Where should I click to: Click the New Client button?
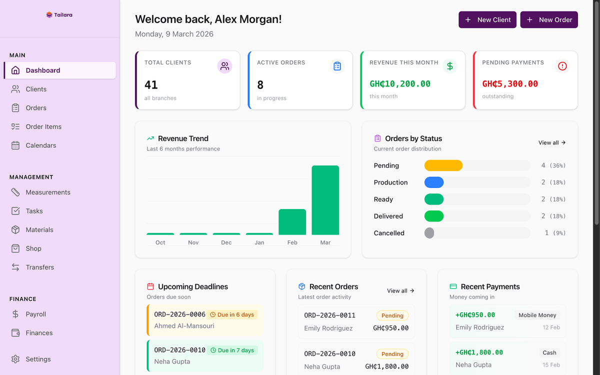click(x=487, y=20)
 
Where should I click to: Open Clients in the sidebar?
click(x=36, y=89)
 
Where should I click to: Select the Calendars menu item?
click(x=40, y=145)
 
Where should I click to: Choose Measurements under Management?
click(x=47, y=192)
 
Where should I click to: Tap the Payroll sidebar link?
click(x=35, y=314)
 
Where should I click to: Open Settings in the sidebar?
click(x=38, y=359)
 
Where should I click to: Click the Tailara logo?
click(x=59, y=15)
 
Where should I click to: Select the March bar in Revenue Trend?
click(x=325, y=200)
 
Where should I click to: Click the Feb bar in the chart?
click(x=292, y=222)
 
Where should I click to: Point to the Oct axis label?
click(x=160, y=242)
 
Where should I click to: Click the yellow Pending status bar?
click(x=443, y=165)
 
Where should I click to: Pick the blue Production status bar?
click(x=434, y=182)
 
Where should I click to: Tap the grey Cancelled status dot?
click(x=429, y=233)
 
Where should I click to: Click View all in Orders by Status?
click(x=551, y=143)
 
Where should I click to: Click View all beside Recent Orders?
click(x=400, y=291)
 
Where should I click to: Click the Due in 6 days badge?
click(x=232, y=314)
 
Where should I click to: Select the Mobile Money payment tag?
click(x=537, y=315)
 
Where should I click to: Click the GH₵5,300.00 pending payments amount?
click(x=510, y=84)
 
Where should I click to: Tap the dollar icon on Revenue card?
click(x=450, y=66)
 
